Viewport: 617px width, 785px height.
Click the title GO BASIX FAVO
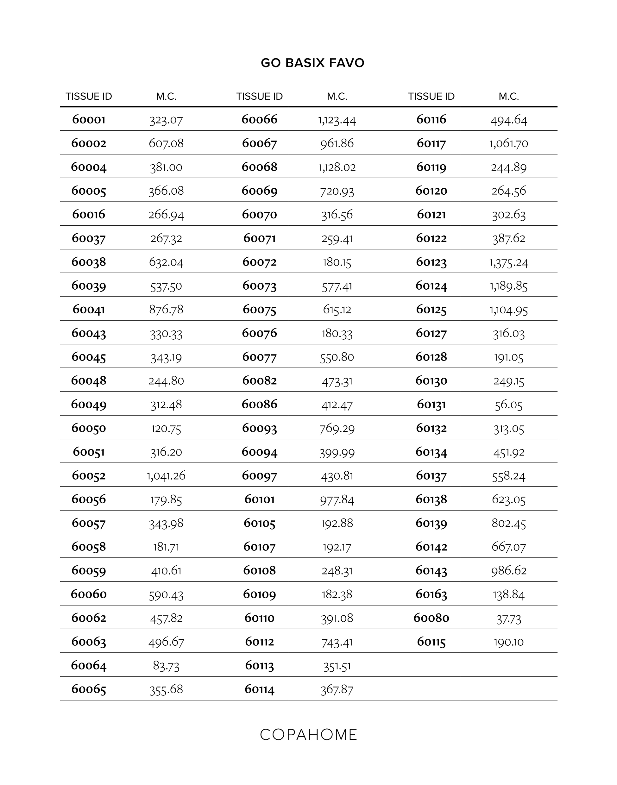point(312,63)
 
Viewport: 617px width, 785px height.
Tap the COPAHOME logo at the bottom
point(308,734)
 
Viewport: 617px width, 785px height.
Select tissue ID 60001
point(89,119)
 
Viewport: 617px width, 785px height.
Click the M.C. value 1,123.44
point(337,120)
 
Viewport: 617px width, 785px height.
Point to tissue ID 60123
point(431,262)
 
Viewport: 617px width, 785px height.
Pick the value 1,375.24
point(509,262)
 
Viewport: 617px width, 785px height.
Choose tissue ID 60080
point(431,618)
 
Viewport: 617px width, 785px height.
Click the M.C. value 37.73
point(509,619)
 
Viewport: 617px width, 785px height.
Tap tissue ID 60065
point(89,689)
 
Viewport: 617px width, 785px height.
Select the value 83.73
point(166,665)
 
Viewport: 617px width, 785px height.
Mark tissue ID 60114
point(259,689)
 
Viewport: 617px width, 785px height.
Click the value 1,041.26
point(166,475)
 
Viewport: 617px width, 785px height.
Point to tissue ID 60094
point(259,452)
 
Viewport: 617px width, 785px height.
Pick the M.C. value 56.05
point(509,405)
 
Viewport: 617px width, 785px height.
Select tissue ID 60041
point(89,310)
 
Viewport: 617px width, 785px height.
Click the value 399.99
point(337,452)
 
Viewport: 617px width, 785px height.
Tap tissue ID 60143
point(431,570)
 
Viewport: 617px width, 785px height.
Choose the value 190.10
point(509,642)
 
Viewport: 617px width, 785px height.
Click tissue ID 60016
point(89,215)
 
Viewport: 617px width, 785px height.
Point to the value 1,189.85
point(509,286)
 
